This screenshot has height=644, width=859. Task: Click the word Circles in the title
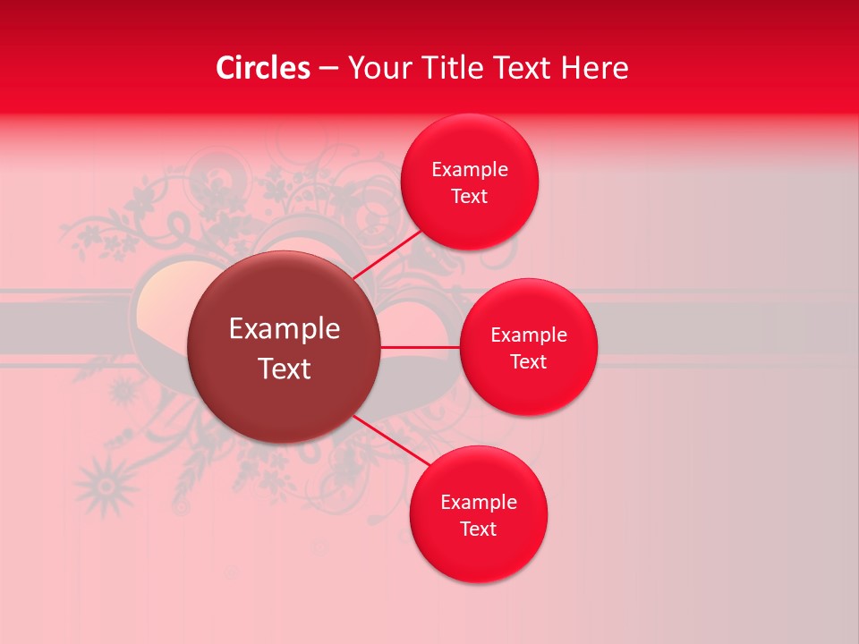[263, 68]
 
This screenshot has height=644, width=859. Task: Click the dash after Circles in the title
[328, 69]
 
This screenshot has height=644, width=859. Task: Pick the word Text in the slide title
[523, 68]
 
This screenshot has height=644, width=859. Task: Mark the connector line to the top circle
[387, 255]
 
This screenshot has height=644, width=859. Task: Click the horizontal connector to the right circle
[420, 346]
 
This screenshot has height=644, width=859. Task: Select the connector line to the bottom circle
[391, 439]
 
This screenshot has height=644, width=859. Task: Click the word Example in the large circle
[285, 329]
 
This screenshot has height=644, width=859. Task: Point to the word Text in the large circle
[285, 369]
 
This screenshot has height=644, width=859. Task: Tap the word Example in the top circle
[470, 170]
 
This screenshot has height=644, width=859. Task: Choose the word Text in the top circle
[470, 197]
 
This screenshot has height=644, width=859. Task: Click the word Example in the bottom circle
[479, 503]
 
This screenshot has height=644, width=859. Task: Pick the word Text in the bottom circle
[479, 530]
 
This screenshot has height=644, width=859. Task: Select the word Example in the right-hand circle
[529, 335]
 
